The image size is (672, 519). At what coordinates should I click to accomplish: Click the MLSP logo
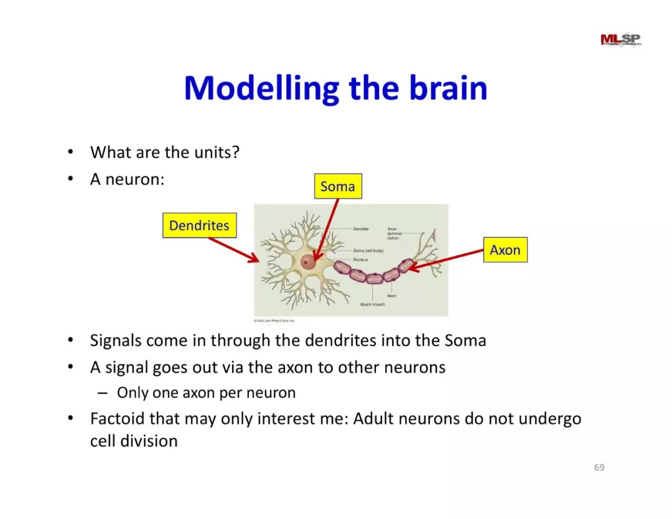pyautogui.click(x=620, y=40)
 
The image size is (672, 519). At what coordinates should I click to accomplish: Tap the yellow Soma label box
pyautogui.click(x=337, y=186)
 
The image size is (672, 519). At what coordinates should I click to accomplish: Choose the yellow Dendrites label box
pyautogui.click(x=199, y=225)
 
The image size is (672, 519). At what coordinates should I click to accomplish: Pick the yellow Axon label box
pyautogui.click(x=505, y=250)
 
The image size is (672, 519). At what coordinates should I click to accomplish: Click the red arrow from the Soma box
pyautogui.click(x=326, y=230)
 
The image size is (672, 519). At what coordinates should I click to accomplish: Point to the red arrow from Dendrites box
pyautogui.click(x=233, y=249)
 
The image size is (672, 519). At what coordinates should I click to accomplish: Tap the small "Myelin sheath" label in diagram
pyautogui.click(x=373, y=304)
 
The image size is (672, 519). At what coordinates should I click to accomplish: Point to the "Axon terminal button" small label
pyautogui.click(x=395, y=233)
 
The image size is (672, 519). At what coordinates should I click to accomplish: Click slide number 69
pyautogui.click(x=599, y=467)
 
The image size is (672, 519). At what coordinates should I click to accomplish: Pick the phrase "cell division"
pyautogui.click(x=134, y=441)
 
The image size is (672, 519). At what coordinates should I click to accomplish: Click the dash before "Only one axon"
pyautogui.click(x=103, y=393)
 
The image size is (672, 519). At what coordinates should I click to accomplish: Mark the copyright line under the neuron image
pyautogui.click(x=274, y=321)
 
